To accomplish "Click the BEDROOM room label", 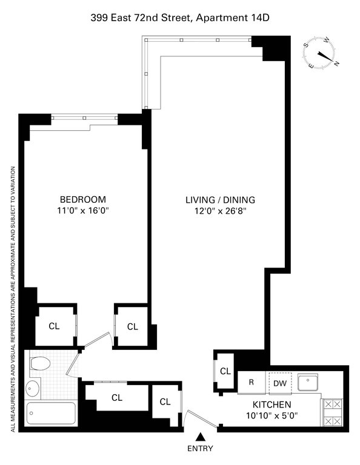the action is coord(83,199).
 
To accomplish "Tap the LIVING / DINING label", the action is coord(220,200).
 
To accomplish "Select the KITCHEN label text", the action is coord(272,404).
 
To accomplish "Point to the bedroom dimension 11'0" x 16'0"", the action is coord(83,211).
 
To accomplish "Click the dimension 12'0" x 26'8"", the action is coord(221,211).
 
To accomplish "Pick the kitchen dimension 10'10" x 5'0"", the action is coord(272,416).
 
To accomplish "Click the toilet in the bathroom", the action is coord(40,363).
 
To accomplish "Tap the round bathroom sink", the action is coord(32,388).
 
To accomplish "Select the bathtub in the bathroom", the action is coord(51,413).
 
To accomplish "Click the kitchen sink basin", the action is coord(308,383).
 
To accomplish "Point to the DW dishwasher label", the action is coord(280,383).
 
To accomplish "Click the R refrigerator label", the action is coord(251,382).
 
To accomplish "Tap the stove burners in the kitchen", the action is coord(332,412).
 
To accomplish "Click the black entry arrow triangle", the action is coord(201,437).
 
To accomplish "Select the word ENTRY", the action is coord(201,449).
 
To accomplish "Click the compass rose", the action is coord(319,54).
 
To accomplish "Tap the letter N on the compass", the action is coord(336,63).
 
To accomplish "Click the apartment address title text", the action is coord(180,18).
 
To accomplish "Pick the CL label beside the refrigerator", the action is coord(225,371).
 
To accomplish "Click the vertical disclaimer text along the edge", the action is coord(13,299).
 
